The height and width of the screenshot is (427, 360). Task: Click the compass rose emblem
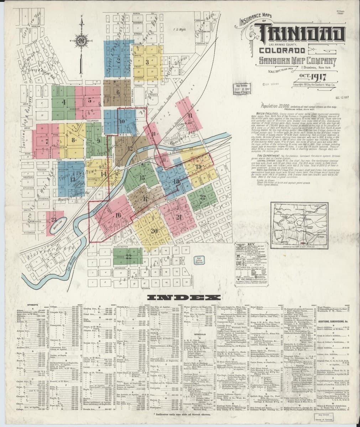[82, 39]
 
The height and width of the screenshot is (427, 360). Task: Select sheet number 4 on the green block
[64, 103]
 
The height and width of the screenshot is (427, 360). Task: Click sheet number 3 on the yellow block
[137, 61]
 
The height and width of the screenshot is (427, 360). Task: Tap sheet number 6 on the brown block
[118, 91]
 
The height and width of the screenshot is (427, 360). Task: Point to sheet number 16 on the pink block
[118, 215]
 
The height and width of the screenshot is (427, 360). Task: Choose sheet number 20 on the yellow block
[154, 231]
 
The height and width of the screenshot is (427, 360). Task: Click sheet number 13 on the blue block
[73, 179]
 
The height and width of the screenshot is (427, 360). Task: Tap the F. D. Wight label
[177, 30]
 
